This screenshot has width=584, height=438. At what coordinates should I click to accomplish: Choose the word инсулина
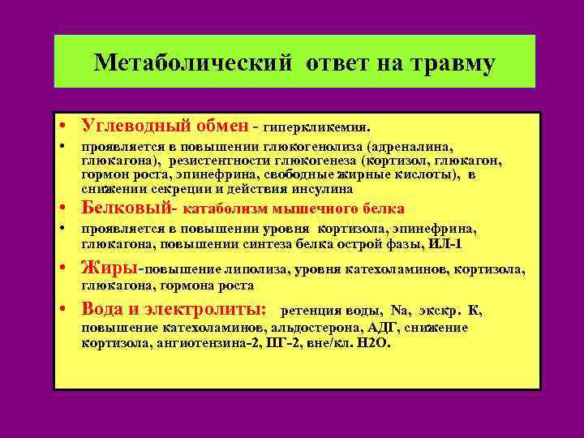click(324, 188)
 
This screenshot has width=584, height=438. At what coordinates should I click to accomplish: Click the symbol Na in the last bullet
click(400, 311)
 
